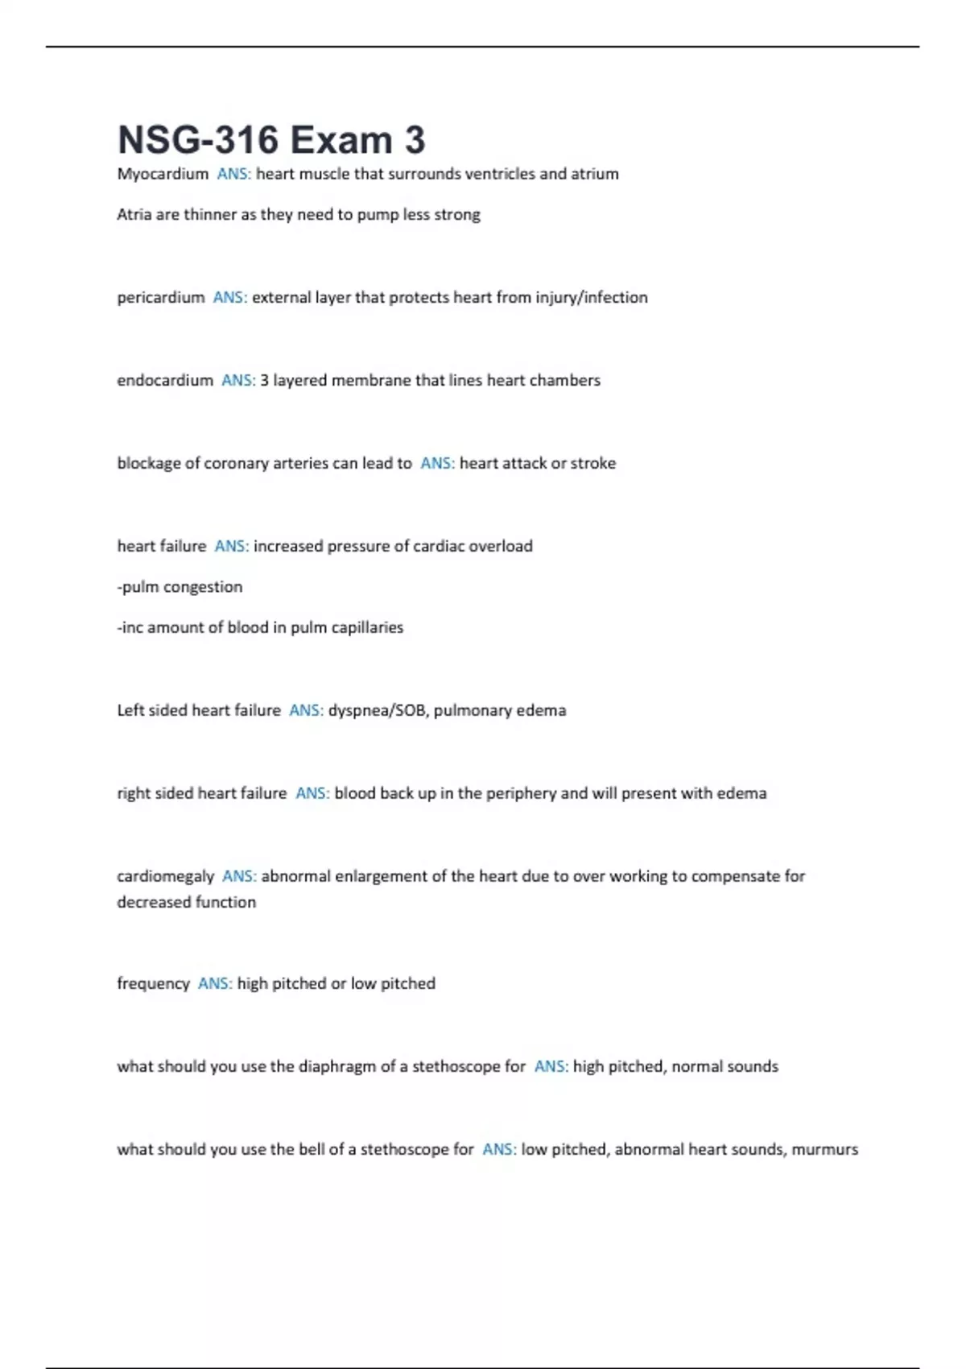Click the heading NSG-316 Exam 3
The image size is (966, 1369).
[x=271, y=139]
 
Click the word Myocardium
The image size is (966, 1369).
[x=163, y=174]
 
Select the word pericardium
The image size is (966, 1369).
[x=161, y=298]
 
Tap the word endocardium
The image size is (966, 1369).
[x=165, y=380]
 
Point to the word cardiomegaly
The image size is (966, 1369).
[x=166, y=876]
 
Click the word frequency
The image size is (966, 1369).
[x=153, y=984]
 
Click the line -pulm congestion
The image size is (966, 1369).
[x=180, y=587]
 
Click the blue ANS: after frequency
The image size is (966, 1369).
[x=215, y=984]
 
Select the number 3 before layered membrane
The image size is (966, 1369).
[x=264, y=380]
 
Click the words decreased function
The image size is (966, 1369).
[x=187, y=903]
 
